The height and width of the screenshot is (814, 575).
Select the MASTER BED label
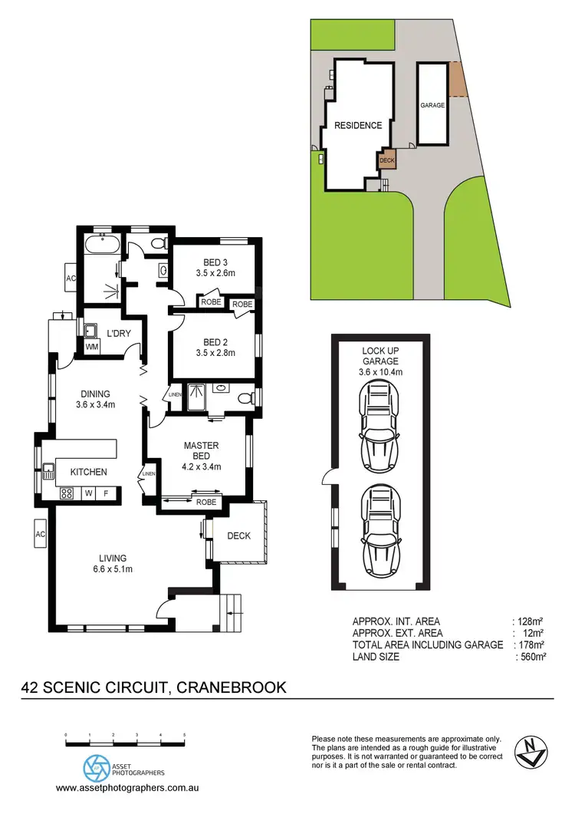202,450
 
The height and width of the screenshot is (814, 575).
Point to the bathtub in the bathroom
101,247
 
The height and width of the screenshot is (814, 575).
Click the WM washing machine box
92,347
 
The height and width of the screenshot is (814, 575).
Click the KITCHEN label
88,472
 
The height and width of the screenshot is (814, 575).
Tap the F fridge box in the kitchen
107,493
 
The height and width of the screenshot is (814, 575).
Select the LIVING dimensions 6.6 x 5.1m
107,569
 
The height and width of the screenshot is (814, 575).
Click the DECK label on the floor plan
238,536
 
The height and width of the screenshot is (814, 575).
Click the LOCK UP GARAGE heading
381,356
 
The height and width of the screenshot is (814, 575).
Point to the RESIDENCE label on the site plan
356,125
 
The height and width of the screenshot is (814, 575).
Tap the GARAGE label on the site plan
432,105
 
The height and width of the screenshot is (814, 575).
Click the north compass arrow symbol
531,750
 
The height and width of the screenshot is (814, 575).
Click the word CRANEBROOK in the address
232,687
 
